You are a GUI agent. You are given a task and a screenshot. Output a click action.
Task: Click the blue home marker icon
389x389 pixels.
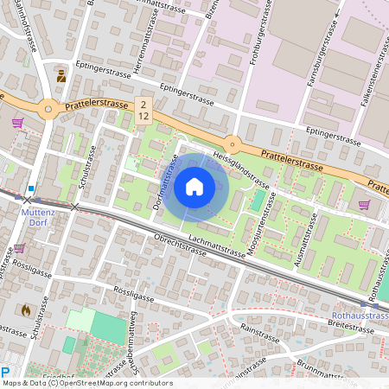(194, 186)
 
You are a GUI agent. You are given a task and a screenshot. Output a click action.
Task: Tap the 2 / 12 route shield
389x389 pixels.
(143, 109)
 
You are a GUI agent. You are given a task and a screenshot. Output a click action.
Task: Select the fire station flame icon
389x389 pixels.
(25, 308)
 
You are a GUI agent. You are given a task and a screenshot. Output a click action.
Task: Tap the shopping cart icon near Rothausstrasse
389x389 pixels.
(364, 205)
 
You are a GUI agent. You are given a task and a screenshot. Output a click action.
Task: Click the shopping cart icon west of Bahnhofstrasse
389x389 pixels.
(17, 123)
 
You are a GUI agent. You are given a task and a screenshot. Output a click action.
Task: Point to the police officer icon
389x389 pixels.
(61, 76)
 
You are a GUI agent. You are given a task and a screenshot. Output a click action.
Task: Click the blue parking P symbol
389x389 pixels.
(6, 372)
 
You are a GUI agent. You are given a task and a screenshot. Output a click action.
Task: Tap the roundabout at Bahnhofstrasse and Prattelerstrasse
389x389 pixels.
(48, 109)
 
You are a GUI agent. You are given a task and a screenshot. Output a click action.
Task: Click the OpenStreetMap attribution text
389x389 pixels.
(86, 383)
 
